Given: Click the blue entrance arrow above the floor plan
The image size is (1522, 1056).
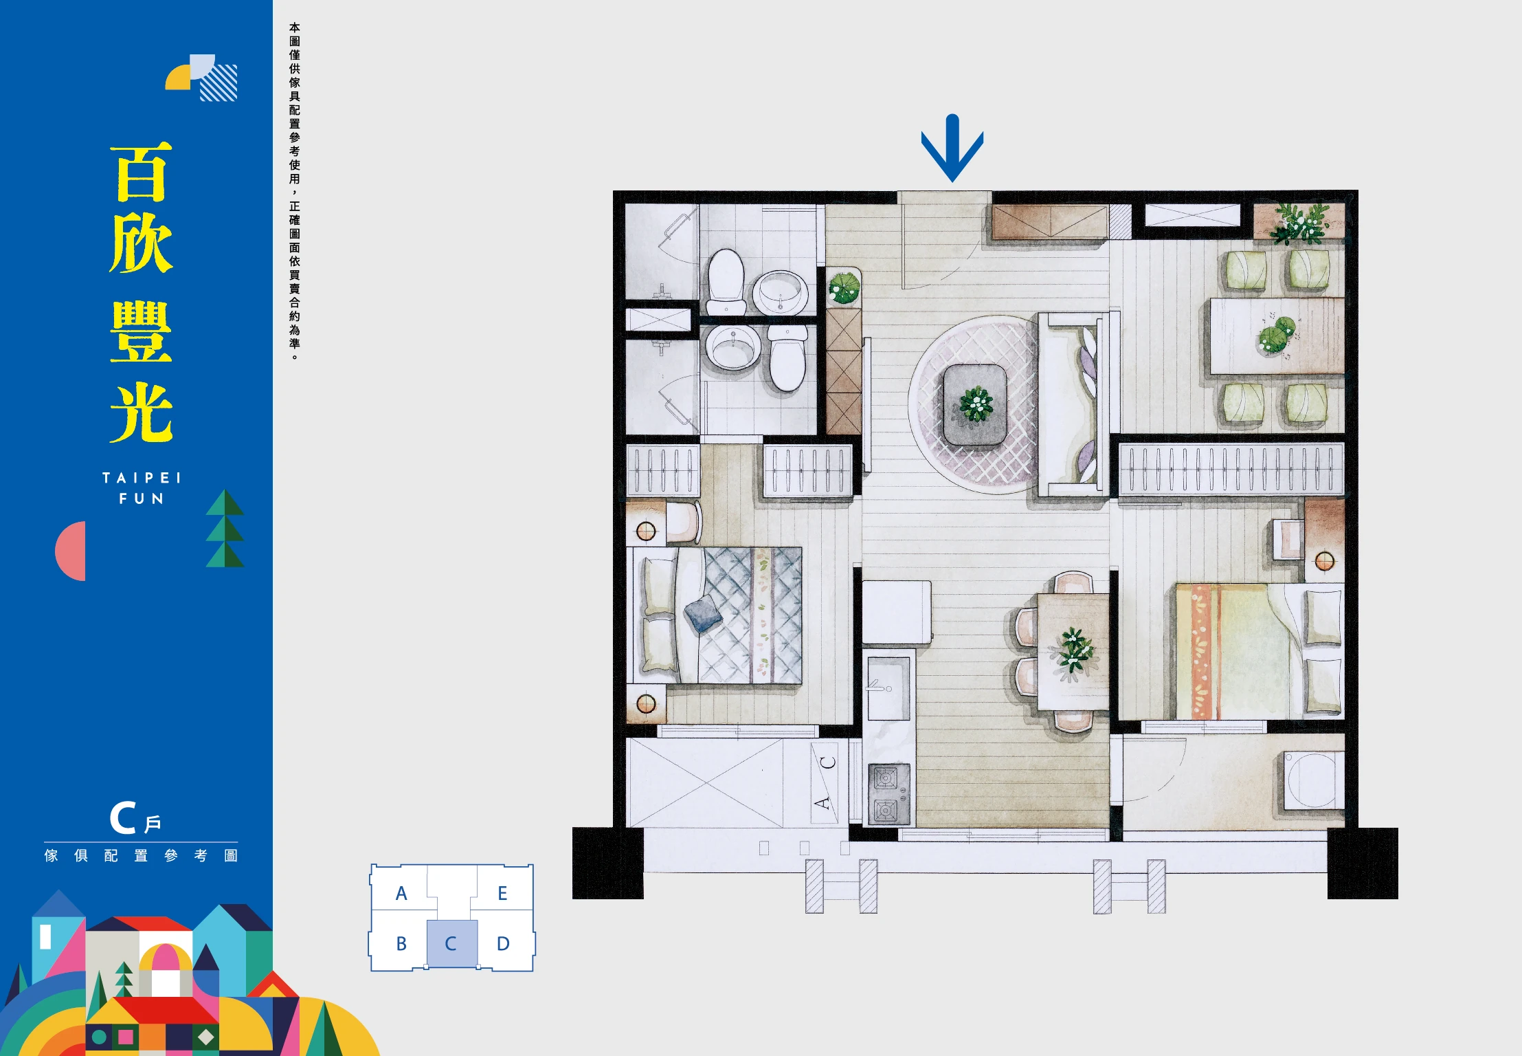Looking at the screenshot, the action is click(952, 148).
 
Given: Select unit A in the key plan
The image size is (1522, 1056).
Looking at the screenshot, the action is click(401, 893).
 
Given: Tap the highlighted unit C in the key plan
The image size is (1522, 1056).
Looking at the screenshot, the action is click(451, 943).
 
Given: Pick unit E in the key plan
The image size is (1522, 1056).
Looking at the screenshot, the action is click(502, 893).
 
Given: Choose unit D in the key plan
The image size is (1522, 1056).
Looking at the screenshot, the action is click(503, 943).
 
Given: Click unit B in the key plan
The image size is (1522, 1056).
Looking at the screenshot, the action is click(401, 943).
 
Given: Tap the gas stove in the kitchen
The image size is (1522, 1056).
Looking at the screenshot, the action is click(888, 794).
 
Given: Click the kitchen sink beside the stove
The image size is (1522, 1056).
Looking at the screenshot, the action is click(888, 688).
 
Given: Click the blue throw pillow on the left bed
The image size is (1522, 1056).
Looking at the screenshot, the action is click(703, 614).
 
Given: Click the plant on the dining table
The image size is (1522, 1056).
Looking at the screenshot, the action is click(1073, 651).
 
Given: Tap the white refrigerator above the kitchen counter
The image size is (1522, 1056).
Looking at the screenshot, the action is click(897, 612).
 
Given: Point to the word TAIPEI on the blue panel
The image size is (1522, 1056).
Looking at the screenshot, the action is click(142, 478).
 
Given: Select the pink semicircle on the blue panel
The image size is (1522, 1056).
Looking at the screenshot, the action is click(70, 551).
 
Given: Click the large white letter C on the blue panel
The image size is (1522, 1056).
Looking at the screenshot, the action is click(123, 818).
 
